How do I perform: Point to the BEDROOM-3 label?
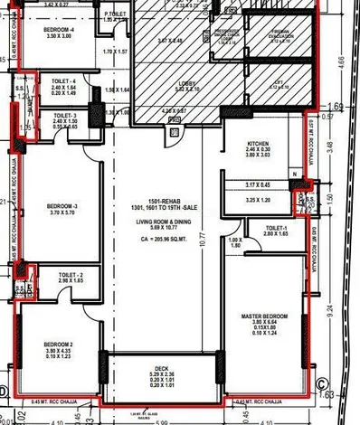(62, 206)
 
